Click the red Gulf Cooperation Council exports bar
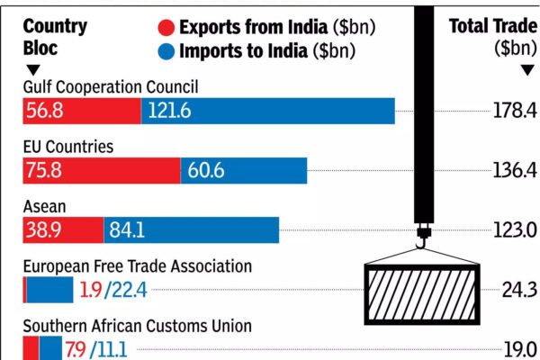coord(81,111)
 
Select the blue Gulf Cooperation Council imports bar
coord(267,111)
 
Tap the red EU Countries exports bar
coord(101,170)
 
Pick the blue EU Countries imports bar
coord(243,170)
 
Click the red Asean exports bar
coord(63,229)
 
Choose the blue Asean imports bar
coord(191,229)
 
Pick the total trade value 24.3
coord(519,290)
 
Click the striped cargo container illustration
coord(422,289)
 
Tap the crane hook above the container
coord(421,241)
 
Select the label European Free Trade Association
coord(137,266)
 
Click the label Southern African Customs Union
coord(137,326)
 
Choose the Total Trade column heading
coord(492,35)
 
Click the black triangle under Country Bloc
coord(33,69)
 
